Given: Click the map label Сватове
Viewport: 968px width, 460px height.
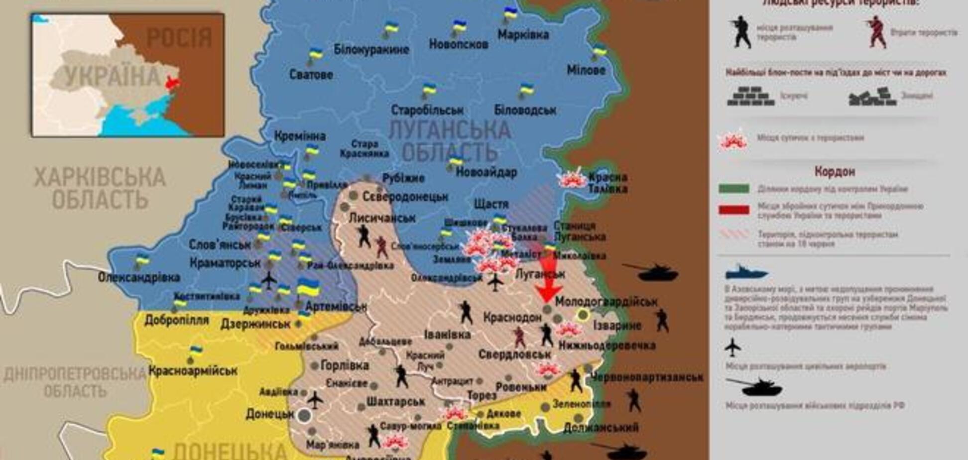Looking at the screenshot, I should [x=311, y=75].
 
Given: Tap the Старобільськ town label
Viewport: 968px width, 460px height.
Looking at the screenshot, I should [x=427, y=110].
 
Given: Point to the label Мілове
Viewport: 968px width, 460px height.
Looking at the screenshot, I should [x=586, y=70].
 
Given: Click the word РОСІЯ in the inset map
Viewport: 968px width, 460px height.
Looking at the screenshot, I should [x=179, y=38].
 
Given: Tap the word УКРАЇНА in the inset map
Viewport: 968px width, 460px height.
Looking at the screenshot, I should [x=113, y=77].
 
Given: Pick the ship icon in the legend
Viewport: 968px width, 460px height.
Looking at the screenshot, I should [x=746, y=272].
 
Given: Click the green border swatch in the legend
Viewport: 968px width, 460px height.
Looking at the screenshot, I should [x=733, y=189].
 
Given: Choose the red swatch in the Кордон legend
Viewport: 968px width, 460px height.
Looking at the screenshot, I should [x=733, y=210].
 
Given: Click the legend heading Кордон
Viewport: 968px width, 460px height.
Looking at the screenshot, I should [x=835, y=172].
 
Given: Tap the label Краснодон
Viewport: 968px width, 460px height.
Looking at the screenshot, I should [x=512, y=317].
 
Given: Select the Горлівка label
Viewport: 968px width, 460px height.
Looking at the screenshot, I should [x=345, y=365].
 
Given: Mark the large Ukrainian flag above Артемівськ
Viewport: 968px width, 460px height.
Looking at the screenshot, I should [x=308, y=287].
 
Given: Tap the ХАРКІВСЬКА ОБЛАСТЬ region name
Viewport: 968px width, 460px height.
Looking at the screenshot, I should [x=100, y=189].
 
